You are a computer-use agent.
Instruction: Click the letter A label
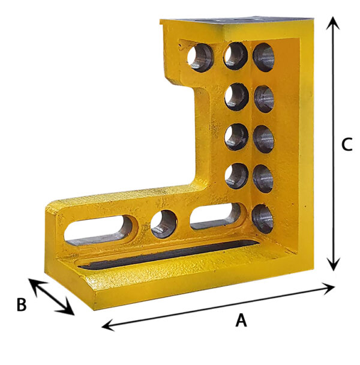241,320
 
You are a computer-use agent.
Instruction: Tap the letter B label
22,304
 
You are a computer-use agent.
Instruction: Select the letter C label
347,144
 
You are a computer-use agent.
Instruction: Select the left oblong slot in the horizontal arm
98,230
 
